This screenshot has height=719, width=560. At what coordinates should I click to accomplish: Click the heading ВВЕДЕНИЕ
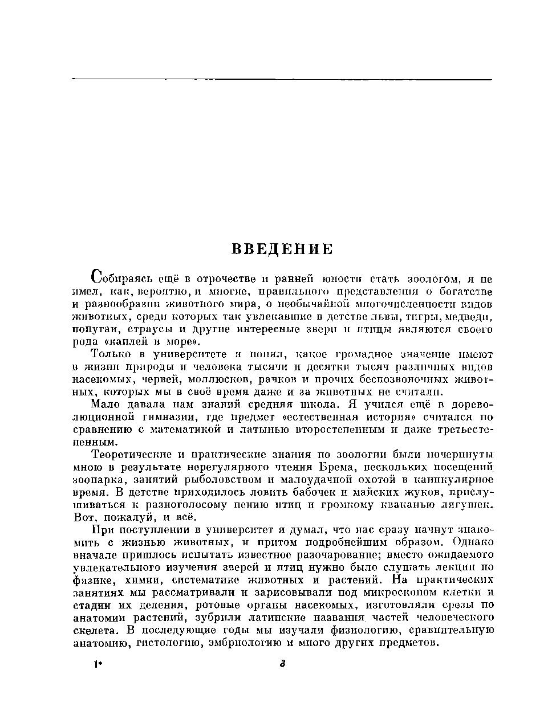[x=282, y=250]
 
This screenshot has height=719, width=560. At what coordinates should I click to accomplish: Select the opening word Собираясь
[x=121, y=279]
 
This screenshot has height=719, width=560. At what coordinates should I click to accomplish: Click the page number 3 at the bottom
[x=282, y=664]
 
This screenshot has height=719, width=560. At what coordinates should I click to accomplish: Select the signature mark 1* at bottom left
[x=97, y=664]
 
